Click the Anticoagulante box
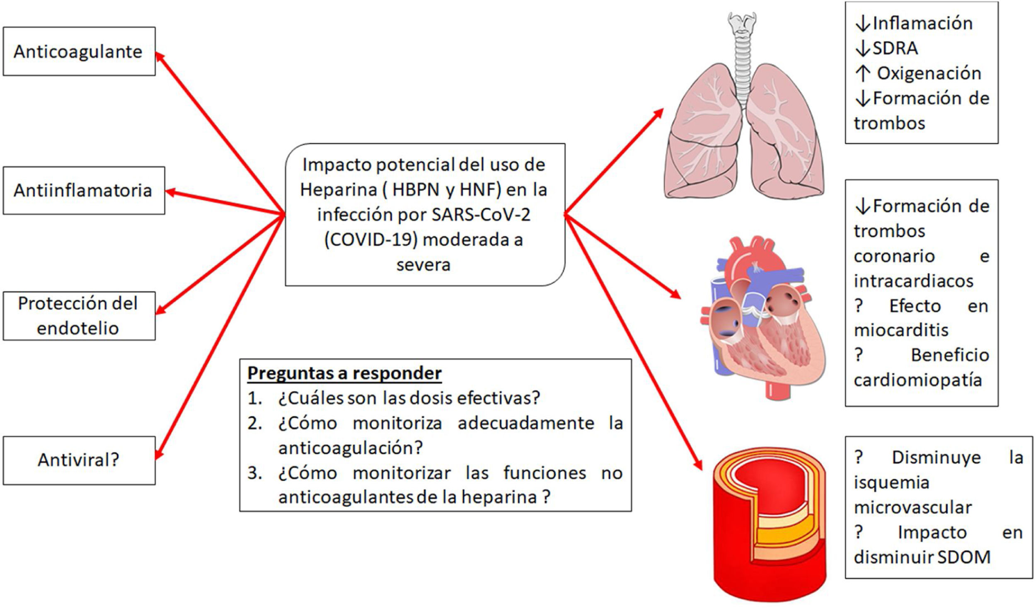tap(79, 51)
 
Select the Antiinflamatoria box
tap(83, 191)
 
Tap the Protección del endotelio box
tap(79, 316)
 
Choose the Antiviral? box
tap(79, 460)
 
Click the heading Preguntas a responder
tap(344, 373)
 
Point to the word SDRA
tap(895, 48)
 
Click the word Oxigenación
tap(929, 73)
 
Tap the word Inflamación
tap(922, 23)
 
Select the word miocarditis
tap(901, 330)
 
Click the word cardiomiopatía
tap(917, 380)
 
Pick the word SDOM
tap(963, 557)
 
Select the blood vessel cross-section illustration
tap(769, 522)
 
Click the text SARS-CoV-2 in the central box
tap(481, 215)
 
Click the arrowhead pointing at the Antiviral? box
tap(159, 454)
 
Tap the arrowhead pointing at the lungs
tap(658, 113)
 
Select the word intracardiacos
tap(913, 281)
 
